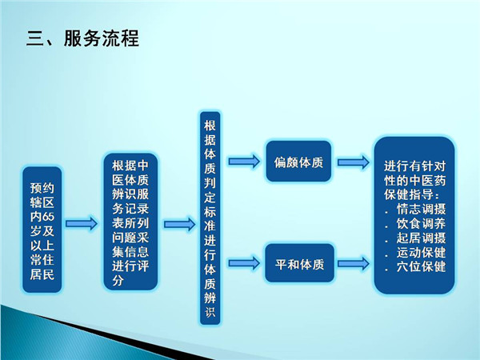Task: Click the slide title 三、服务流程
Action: pos(81,38)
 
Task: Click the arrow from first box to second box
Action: pos(80,223)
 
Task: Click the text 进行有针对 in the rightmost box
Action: pos(414,166)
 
